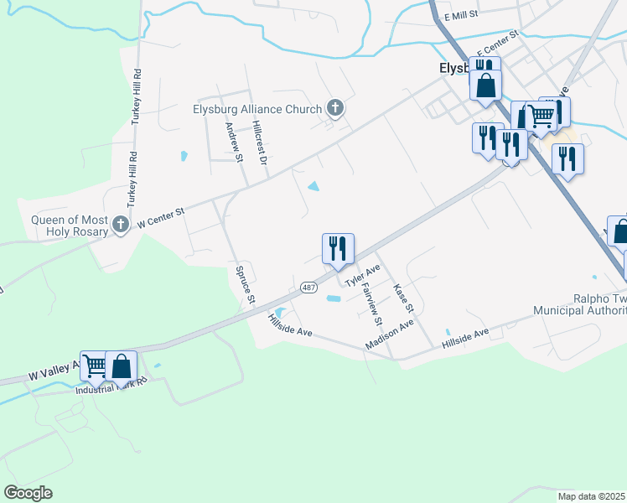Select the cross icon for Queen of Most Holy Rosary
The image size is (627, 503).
pyautogui.click(x=121, y=224)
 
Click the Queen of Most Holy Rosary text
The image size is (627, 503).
pyautogui.click(x=70, y=226)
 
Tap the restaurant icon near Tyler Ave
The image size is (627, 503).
pyautogui.click(x=338, y=248)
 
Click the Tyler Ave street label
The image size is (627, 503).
pyautogui.click(x=363, y=274)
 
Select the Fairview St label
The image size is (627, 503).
pyautogui.click(x=370, y=303)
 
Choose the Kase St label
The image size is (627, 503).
pyautogui.click(x=400, y=299)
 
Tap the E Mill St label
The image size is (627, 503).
pyautogui.click(x=460, y=15)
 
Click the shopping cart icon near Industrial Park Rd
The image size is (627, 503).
pyautogui.click(x=96, y=366)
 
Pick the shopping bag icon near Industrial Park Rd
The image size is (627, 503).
pyautogui.click(x=121, y=366)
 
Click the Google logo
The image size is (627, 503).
pyautogui.click(x=28, y=493)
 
